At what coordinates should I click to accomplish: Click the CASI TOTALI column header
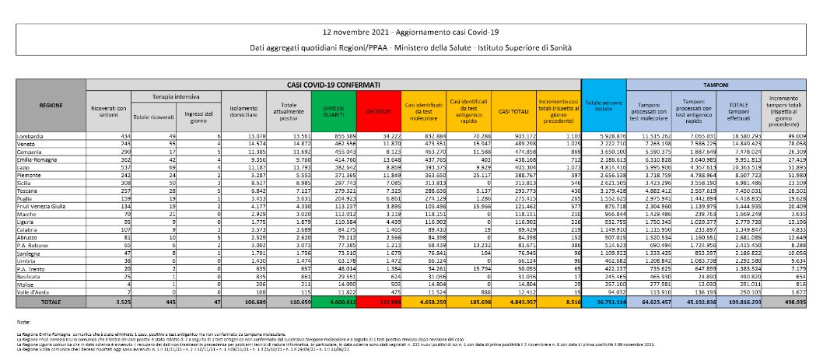[513, 113]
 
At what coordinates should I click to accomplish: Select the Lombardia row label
[32, 137]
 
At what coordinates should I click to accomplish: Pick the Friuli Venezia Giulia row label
[44, 205]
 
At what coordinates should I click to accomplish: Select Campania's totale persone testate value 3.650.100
[606, 150]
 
